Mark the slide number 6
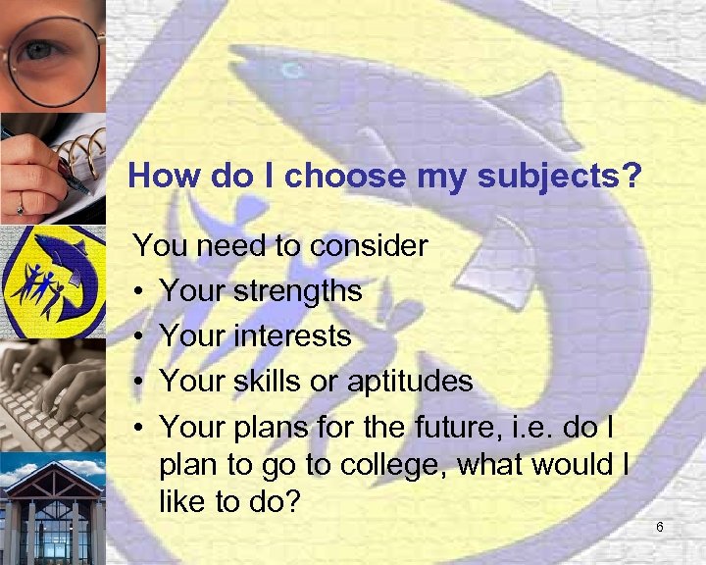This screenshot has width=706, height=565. coord(660,529)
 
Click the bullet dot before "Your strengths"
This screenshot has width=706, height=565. coord(141,291)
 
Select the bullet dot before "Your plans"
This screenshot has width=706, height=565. coord(141,427)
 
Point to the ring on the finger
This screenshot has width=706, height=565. coord(19,208)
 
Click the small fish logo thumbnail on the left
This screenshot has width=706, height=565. coord(52,281)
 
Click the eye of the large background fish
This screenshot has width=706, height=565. coord(290,72)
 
